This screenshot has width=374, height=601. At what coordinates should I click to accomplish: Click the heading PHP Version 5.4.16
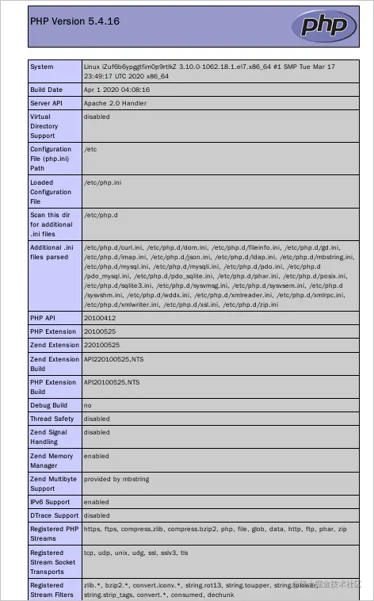pos(74,21)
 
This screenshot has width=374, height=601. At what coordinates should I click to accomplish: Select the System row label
pos(42,67)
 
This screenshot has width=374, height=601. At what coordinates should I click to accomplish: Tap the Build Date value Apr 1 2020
pos(116,90)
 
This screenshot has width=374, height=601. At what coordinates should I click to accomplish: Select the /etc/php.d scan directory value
pos(101,215)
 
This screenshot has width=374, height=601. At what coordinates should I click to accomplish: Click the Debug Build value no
pos(88,405)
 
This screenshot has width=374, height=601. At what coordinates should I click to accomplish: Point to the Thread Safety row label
pos(52,419)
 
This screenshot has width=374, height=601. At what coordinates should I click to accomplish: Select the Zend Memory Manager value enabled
pos(97,456)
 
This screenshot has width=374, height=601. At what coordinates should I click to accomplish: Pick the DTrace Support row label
pos(53,515)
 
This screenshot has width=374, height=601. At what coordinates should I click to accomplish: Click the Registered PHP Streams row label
pos(53,533)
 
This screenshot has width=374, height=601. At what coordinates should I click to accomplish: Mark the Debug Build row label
pos(48,405)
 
